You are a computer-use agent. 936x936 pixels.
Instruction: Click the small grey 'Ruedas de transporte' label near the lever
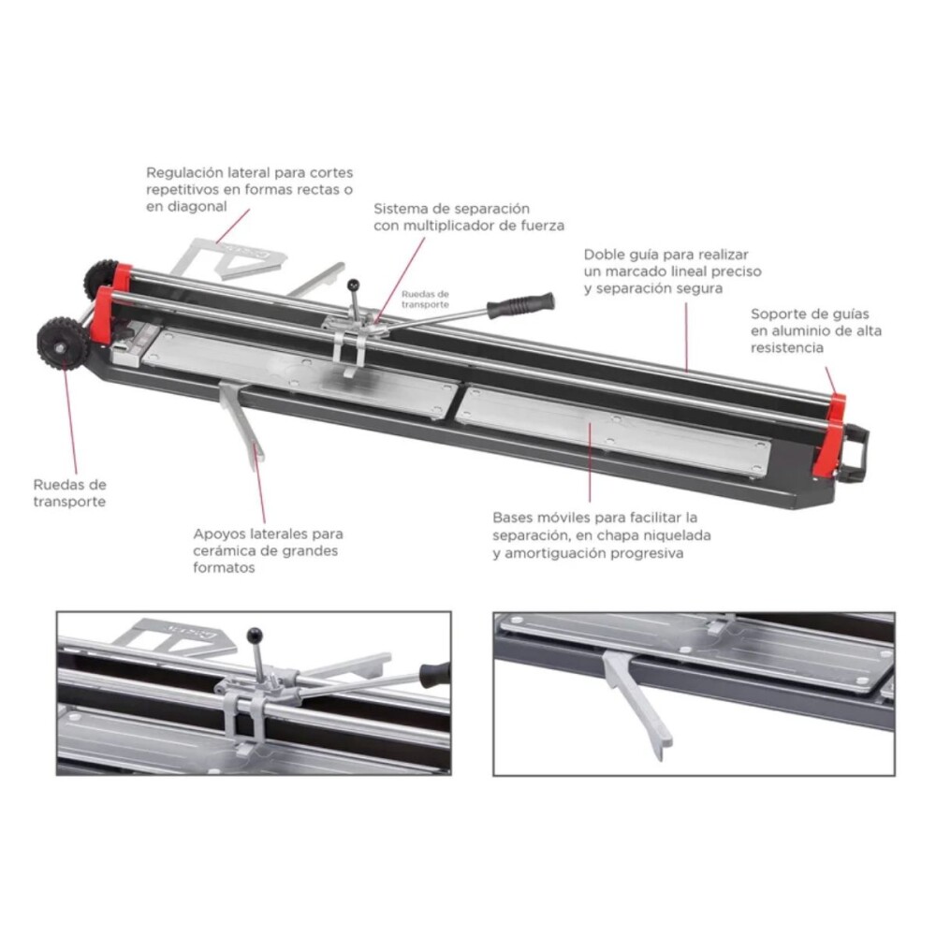click(426, 299)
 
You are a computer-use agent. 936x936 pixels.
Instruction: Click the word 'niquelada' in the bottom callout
click(672, 535)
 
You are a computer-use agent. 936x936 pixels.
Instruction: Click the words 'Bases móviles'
click(541, 518)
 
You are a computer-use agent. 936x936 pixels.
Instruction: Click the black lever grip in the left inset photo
click(434, 673)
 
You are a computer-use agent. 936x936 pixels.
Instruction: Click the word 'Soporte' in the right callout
click(778, 314)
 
